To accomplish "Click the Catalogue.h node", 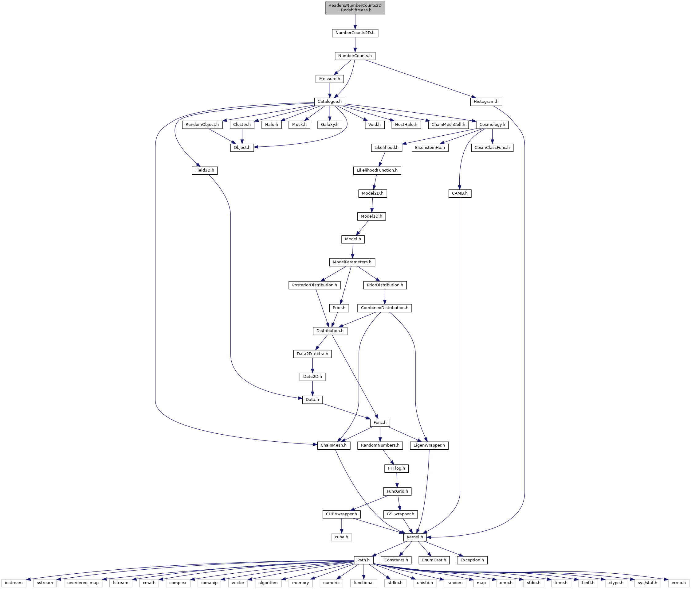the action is tap(329, 102).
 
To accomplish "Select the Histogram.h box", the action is tap(486, 102).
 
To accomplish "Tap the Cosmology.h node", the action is tap(492, 125).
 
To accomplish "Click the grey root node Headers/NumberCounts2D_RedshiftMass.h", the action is tap(355, 8).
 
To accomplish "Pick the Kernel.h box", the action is tap(415, 537).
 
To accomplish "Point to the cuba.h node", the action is tap(341, 537).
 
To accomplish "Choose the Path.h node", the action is tap(363, 560).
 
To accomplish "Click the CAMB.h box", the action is tap(460, 193).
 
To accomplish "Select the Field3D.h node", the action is tap(205, 170).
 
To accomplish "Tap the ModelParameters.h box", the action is tap(352, 262).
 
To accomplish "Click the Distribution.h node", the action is tap(330, 331).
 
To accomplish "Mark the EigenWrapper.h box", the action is tap(429, 445).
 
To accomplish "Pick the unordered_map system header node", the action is tap(83, 583).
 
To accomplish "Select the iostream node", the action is tap(14, 583).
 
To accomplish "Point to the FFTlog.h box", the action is tap(397, 468).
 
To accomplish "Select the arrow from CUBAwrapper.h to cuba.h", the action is tap(341, 526).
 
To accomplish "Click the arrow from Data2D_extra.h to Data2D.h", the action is tap(312, 365).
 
